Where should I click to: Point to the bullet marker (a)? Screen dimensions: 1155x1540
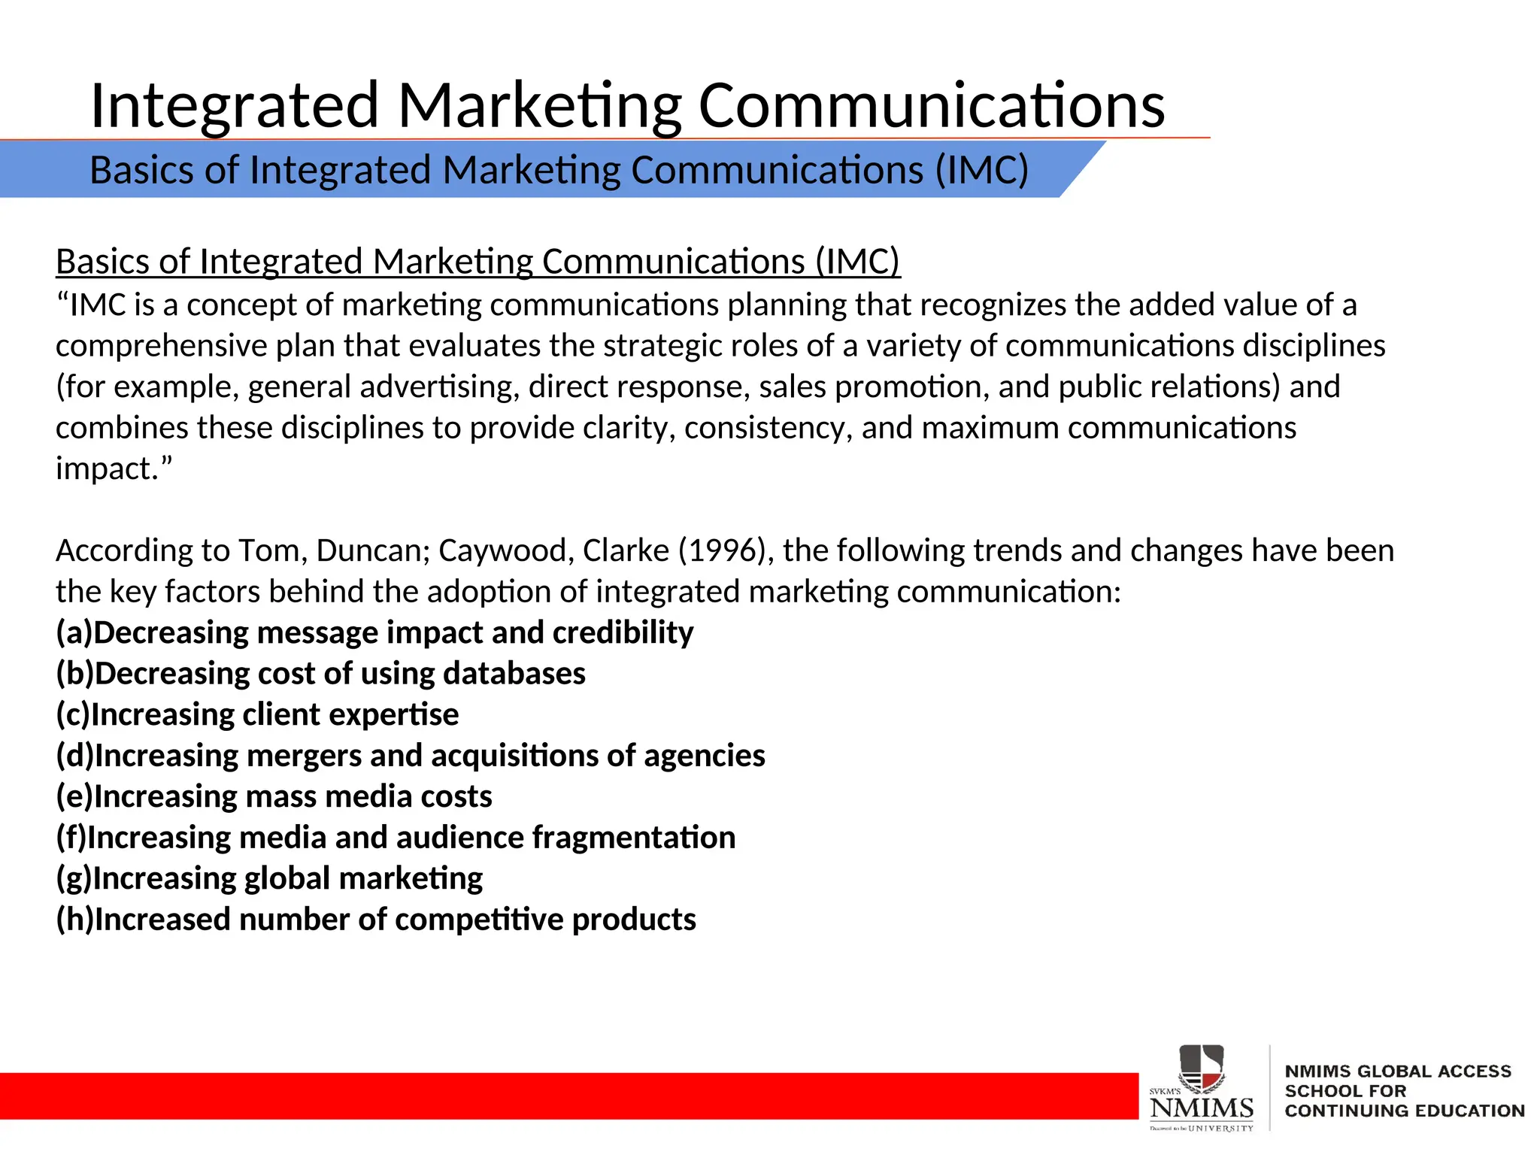(x=74, y=633)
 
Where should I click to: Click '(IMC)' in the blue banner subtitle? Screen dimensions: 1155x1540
(x=981, y=170)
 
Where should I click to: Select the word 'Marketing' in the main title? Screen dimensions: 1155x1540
(x=540, y=105)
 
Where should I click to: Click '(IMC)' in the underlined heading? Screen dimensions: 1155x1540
(x=857, y=262)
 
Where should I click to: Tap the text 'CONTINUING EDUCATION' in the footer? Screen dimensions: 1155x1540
(x=1405, y=1111)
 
